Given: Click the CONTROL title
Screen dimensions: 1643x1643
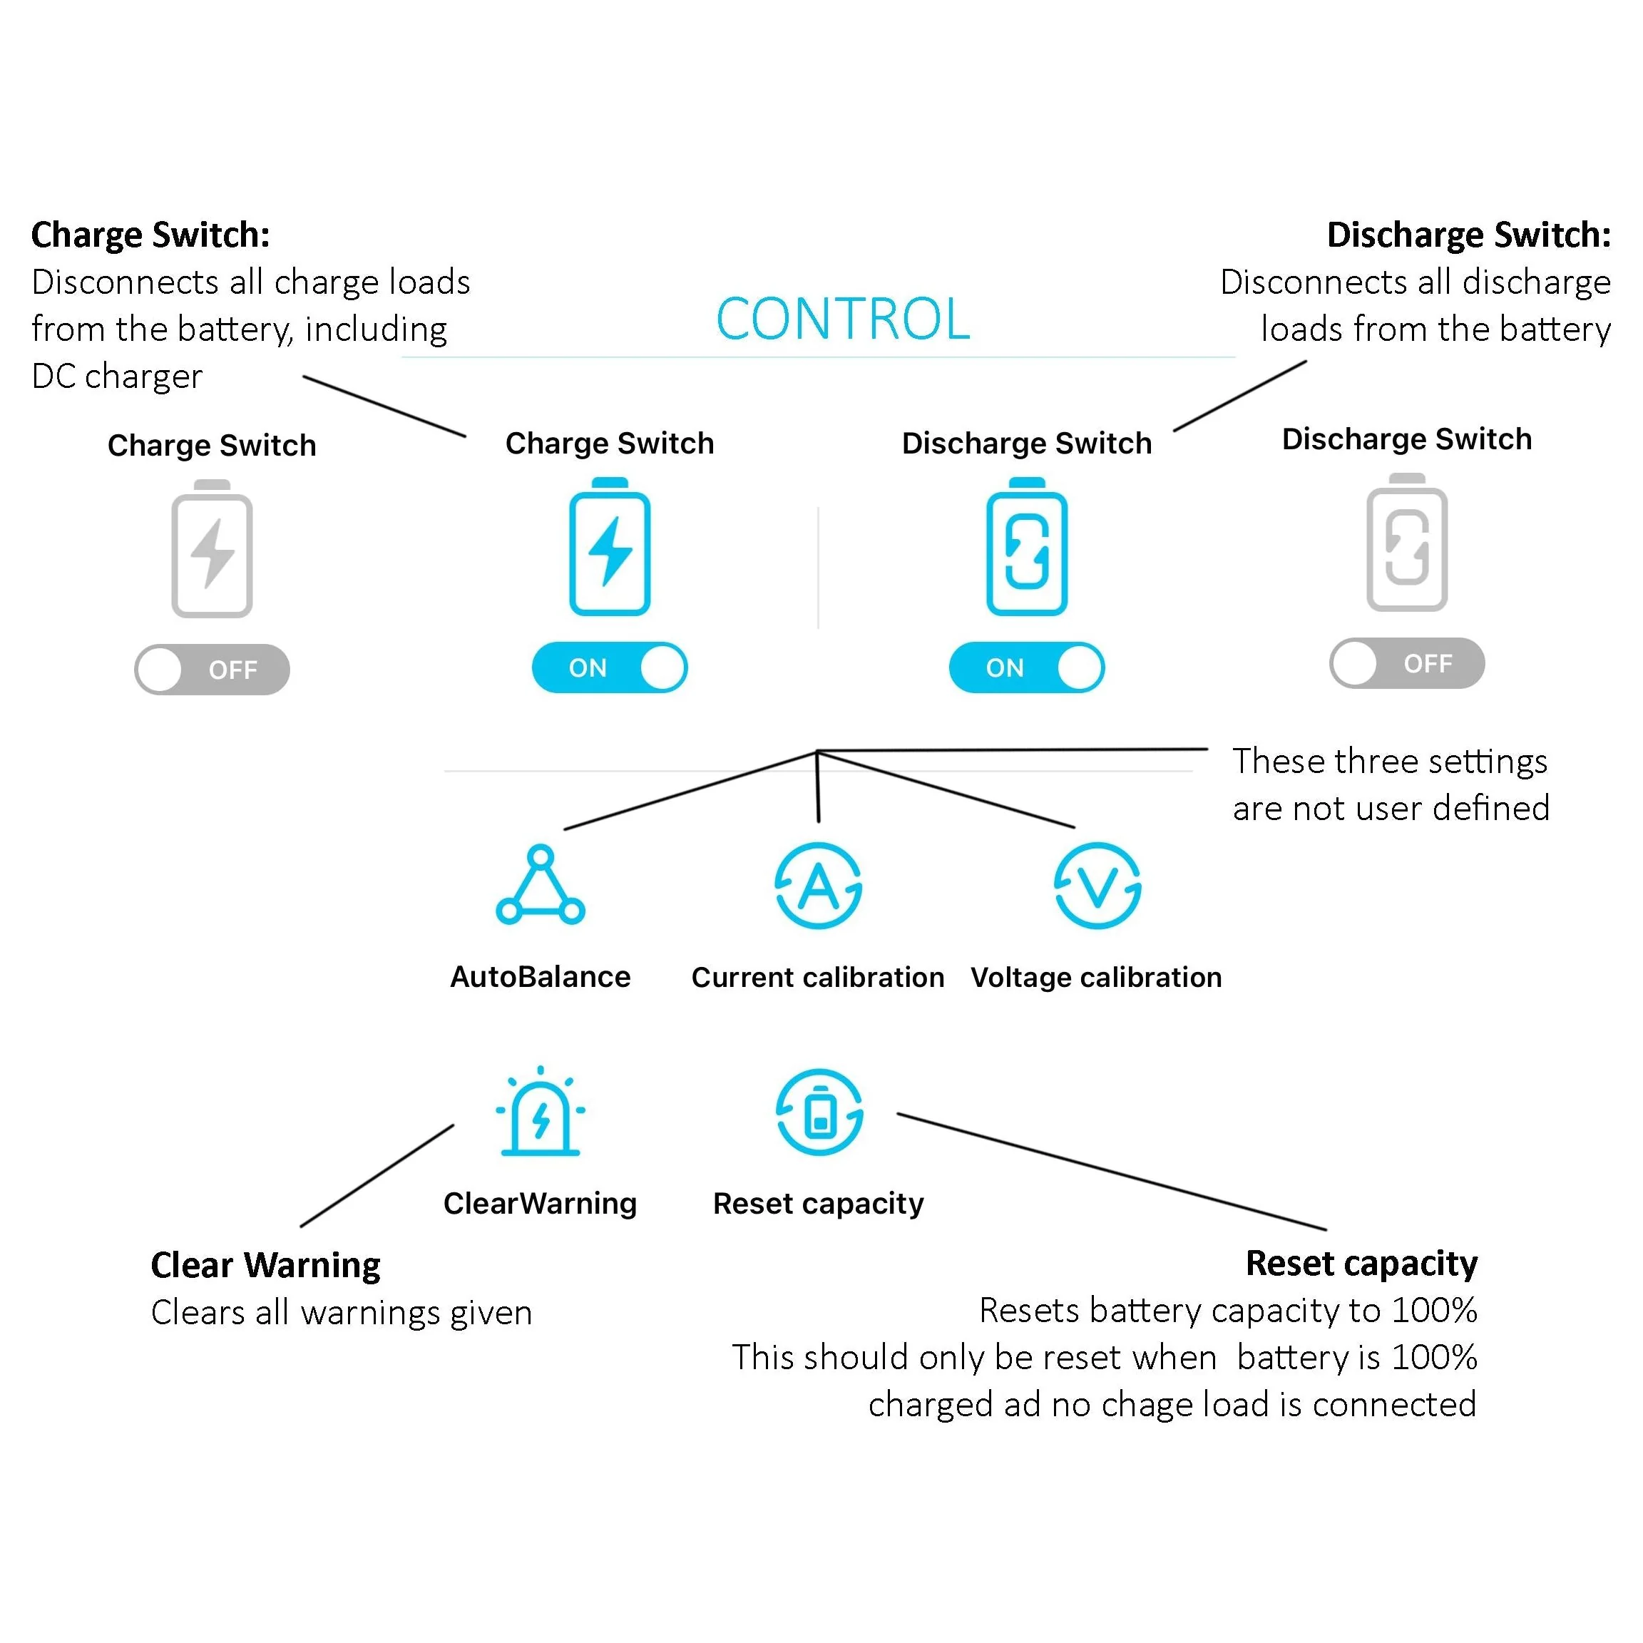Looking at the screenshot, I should coord(842,319).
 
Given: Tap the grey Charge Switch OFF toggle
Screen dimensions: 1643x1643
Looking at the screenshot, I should coord(212,670).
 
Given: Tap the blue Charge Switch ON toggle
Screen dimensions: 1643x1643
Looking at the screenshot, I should coord(609,667).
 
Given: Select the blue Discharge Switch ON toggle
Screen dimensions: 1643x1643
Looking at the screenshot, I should coord(1026,667).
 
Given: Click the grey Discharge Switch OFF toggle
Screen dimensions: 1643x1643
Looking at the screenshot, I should coord(1406,663).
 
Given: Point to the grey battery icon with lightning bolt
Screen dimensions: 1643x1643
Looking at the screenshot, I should coord(212,549).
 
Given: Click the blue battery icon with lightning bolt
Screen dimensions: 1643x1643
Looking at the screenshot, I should coord(610,548).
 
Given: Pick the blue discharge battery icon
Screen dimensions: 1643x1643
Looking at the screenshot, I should coord(1026,548).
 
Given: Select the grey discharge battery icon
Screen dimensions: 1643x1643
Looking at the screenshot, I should coord(1406,543).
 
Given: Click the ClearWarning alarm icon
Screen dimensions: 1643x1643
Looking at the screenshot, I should coord(540,1112).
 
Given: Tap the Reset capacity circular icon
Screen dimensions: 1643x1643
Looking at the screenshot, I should coord(819,1112).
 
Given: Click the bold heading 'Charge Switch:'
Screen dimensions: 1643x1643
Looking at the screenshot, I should coord(150,235).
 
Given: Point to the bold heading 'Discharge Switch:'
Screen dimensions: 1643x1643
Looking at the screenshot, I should coord(1469,235).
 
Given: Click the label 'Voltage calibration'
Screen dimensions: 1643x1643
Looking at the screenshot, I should coord(1096,977).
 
